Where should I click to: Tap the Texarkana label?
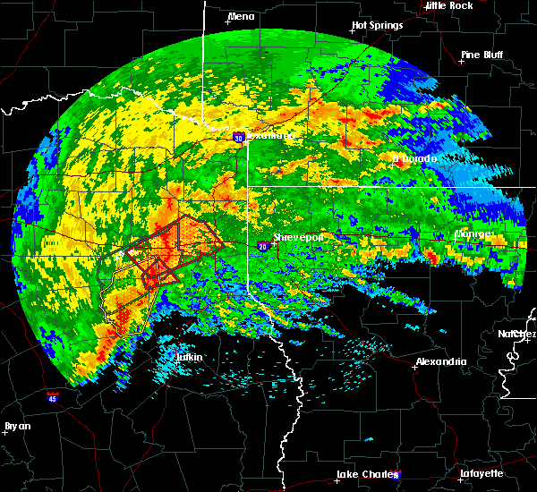tap(270, 135)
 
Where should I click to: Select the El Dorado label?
tap(414, 158)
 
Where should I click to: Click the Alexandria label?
tap(440, 361)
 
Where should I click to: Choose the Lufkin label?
tap(189, 358)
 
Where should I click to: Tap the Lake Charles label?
tap(363, 473)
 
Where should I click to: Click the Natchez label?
tap(517, 334)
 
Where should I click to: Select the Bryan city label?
tap(17, 426)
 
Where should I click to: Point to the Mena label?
tap(241, 16)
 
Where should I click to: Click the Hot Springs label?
tap(377, 25)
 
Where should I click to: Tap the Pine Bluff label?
tap(482, 55)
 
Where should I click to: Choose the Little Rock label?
tap(449, 5)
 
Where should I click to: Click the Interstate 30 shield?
tap(238, 138)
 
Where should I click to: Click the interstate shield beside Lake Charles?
tap(396, 475)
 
